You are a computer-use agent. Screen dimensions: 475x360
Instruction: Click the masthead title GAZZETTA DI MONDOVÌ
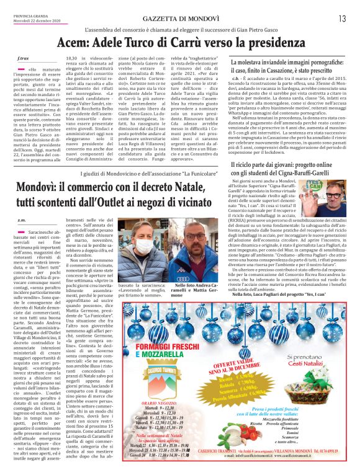180,18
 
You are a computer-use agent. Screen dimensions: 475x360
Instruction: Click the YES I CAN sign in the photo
312,184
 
